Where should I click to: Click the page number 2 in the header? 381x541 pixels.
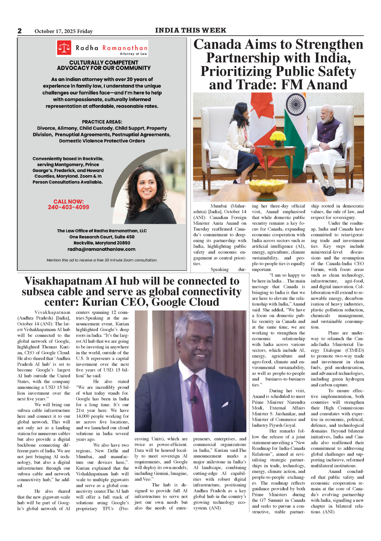point(19,31)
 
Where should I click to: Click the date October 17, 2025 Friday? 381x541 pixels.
point(63,31)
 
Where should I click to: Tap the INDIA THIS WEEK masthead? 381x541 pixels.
point(190,30)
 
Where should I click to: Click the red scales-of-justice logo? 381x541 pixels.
point(64,48)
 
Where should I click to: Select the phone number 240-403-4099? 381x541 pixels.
point(69,207)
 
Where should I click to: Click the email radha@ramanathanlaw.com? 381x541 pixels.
point(101,249)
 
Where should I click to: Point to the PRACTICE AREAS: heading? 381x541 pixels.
point(102,122)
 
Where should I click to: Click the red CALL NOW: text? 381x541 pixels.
point(69,201)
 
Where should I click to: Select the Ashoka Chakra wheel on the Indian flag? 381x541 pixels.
point(295,102)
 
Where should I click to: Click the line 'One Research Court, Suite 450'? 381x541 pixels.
point(102,237)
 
